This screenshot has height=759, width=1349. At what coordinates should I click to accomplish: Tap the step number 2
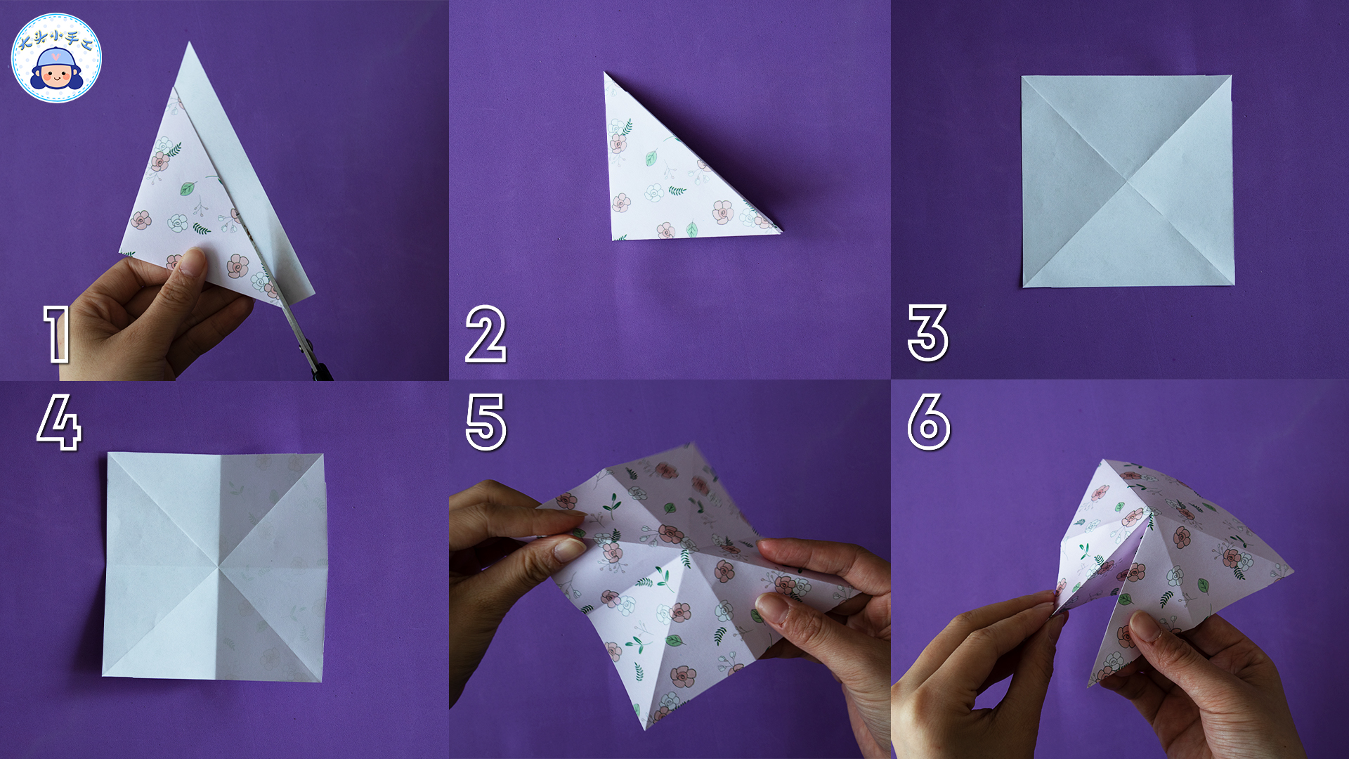pos(485,335)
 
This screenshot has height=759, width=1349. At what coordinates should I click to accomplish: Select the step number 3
pos(927,333)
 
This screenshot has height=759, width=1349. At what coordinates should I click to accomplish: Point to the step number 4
pos(59,422)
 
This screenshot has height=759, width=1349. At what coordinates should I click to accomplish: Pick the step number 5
pos(486,422)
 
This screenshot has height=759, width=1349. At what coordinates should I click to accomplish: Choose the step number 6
pos(929,422)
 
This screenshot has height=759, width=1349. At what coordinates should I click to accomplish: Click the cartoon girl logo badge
pos(56,58)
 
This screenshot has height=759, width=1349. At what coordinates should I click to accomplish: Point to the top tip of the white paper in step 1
pos(189,43)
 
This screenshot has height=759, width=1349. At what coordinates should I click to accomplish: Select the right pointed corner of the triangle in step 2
pos(780,230)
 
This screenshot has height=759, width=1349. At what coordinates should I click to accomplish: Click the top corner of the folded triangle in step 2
pos(605,72)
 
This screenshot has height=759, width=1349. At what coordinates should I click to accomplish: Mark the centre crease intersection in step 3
pos(1127,181)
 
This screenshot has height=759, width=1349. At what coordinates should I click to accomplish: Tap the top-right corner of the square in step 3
pos(1231,76)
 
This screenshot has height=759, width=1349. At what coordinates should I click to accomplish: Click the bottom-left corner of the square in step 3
pos(1023,287)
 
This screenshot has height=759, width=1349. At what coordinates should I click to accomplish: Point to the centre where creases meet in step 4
pos(219,566)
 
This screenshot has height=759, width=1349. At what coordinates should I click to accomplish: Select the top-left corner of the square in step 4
pos(108,453)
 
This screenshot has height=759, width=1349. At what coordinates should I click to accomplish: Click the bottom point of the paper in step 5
pos(645,729)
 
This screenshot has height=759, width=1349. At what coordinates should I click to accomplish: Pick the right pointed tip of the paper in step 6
pos(1292,571)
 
